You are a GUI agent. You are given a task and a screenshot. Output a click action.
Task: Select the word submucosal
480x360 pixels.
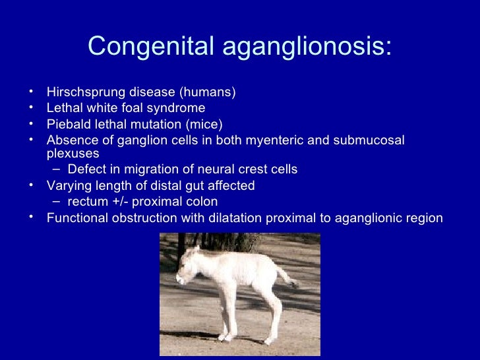370,140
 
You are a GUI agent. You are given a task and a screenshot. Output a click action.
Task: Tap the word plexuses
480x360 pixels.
73,154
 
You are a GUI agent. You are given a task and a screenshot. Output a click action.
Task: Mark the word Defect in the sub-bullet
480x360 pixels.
86,169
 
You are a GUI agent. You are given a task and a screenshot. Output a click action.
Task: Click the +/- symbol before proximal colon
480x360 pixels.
123,202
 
